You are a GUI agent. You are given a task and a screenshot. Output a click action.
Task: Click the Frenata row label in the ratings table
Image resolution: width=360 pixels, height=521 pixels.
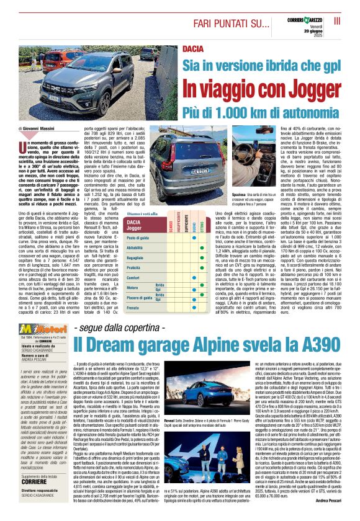(x=134, y=307)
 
